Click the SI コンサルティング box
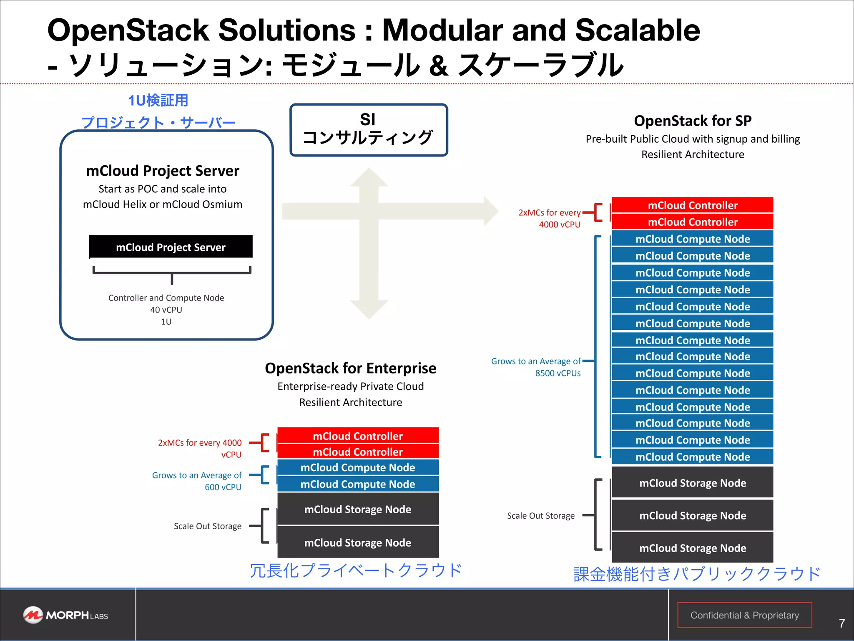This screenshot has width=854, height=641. coord(369,130)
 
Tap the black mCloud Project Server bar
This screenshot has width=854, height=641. coord(171,247)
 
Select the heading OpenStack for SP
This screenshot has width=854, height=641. coord(693,121)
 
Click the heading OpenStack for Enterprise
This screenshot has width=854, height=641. coord(350,368)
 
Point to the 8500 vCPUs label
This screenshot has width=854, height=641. coord(558,373)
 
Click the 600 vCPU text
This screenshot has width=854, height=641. coord(223,487)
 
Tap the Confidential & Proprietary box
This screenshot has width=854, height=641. coord(744,615)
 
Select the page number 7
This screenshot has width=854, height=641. coord(841,623)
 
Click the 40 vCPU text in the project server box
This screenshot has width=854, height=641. coord(166,310)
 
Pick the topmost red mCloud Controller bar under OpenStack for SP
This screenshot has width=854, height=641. coord(692,205)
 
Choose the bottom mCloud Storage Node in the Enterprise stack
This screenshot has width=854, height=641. coord(358,543)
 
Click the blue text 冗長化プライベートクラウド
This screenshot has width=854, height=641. coord(356,570)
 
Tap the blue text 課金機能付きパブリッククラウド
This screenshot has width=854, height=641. coord(697,574)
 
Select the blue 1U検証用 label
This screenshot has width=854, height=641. coord(158,100)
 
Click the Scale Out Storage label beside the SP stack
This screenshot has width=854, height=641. coord(540,515)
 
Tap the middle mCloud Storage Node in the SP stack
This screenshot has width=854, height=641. coord(692,515)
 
